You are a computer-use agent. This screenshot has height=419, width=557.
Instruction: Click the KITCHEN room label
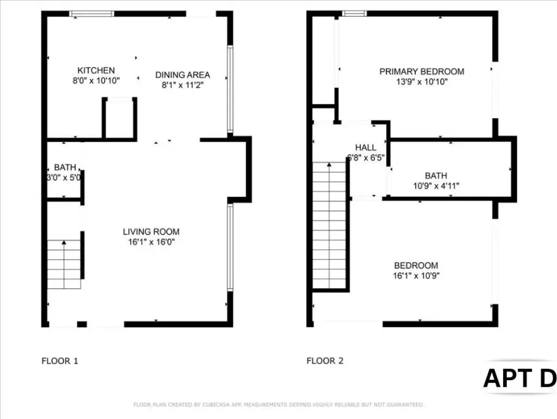point(96,70)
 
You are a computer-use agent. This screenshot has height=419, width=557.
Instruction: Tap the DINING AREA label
point(183,75)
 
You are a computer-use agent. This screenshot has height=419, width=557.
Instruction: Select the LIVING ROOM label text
point(152,232)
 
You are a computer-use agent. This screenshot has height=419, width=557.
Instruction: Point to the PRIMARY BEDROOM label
point(422,71)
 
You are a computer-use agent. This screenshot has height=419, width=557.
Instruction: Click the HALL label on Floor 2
point(366,148)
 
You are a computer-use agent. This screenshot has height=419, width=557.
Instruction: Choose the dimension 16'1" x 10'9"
point(416,276)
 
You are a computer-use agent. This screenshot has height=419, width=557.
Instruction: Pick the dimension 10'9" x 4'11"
point(436,185)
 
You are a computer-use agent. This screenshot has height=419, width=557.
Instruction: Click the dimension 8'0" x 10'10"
point(96,81)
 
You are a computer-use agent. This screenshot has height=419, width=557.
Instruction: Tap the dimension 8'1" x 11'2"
point(183,85)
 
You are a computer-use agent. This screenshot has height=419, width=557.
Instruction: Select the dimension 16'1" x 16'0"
point(152,242)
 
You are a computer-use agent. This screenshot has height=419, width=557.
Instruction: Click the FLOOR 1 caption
point(60,361)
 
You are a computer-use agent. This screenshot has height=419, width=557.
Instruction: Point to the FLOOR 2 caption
point(325,361)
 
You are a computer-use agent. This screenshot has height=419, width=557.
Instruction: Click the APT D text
point(520,378)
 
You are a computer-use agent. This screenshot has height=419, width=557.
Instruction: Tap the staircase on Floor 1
point(64,264)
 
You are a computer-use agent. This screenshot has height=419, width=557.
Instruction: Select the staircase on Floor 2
point(329,225)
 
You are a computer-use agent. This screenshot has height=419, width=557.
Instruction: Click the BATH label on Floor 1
point(65,167)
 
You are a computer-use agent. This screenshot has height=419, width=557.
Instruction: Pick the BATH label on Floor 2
point(436,176)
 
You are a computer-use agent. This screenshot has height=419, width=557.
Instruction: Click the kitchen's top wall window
point(92,14)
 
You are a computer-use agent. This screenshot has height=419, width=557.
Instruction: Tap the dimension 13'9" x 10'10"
point(422,82)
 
